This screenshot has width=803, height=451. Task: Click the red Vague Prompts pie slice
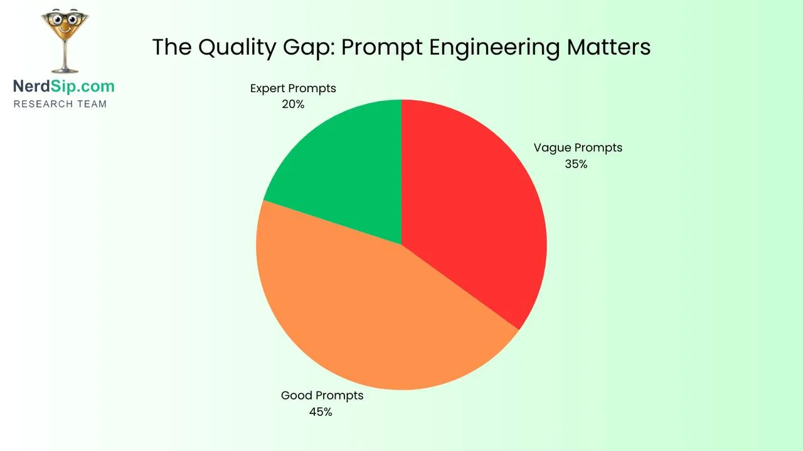click(477, 207)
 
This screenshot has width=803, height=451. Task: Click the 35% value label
click(576, 164)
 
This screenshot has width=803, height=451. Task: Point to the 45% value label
click(320, 412)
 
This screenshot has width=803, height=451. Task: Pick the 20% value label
click(293, 105)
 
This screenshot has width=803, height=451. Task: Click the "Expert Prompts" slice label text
click(293, 88)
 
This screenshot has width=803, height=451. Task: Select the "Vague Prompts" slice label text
click(578, 148)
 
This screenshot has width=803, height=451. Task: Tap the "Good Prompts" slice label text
click(322, 396)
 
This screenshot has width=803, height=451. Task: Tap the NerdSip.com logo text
click(64, 86)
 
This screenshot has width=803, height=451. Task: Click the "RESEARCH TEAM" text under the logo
click(60, 104)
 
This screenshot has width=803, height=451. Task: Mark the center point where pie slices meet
click(401, 244)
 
